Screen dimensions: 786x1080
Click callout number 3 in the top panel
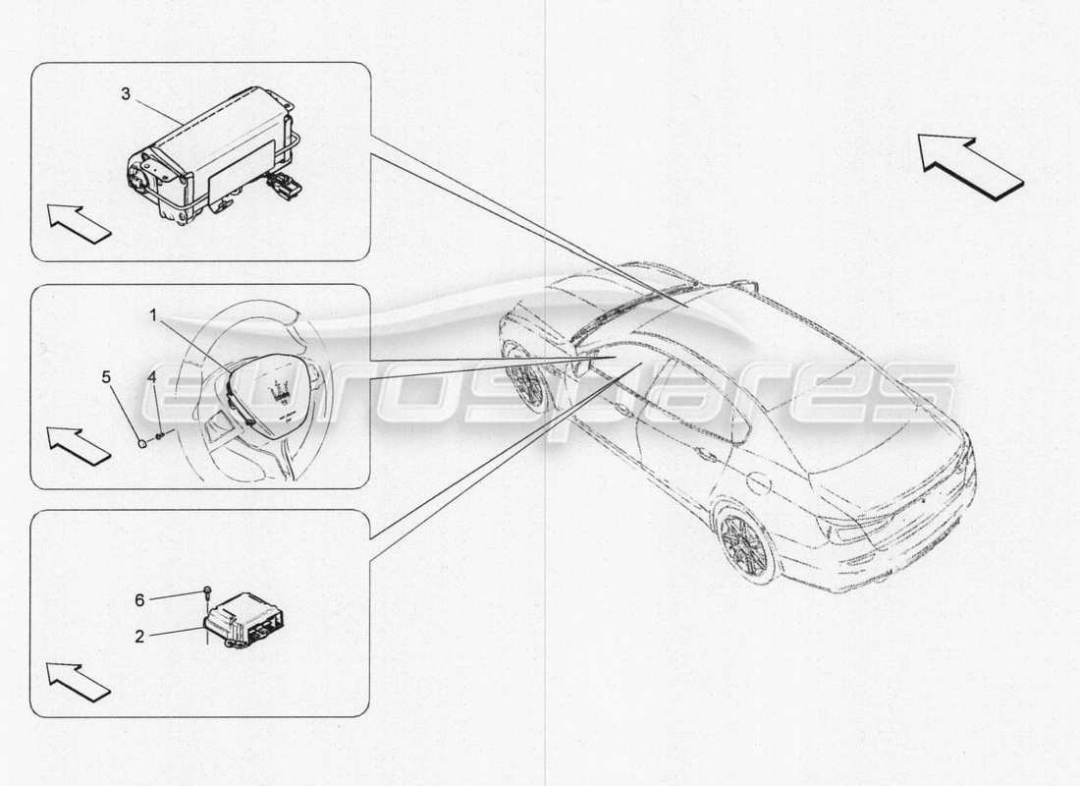[x=126, y=94]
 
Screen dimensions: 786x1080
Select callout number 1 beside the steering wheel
[x=154, y=314]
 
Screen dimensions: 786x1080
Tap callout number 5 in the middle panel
[x=107, y=375]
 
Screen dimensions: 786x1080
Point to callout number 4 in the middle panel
[x=152, y=376]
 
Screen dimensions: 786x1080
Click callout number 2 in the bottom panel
[x=140, y=636]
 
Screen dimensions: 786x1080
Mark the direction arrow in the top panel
[x=79, y=223]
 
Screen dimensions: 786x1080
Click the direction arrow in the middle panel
[x=79, y=445]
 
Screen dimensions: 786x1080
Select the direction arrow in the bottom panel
[x=79, y=681]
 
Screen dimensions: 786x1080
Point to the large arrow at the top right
[x=970, y=167]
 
